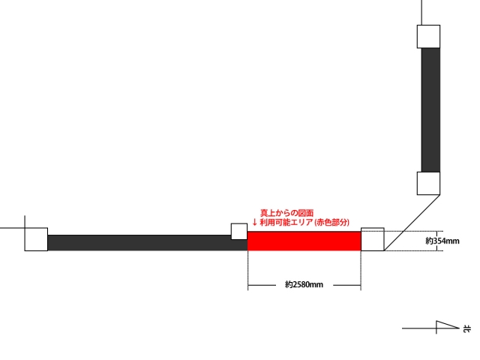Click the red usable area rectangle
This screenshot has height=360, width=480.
(304, 241)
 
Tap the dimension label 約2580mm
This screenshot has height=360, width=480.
(304, 285)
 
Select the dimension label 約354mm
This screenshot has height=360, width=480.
(442, 241)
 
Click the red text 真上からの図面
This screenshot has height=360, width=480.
(286, 213)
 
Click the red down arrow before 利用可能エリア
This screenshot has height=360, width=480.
(254, 222)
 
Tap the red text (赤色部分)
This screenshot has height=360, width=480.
(331, 222)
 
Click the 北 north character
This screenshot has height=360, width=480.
(467, 328)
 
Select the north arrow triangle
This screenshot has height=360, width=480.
(448, 325)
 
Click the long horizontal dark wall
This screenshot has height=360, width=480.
(148, 243)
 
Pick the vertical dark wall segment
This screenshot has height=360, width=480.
(430, 110)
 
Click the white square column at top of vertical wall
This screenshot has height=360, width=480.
(428, 37)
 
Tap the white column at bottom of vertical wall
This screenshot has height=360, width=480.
(428, 183)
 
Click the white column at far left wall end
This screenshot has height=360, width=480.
(36, 239)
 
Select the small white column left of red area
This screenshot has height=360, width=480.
(239, 232)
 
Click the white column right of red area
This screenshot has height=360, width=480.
(373, 239)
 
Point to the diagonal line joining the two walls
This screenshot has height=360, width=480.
(412, 223)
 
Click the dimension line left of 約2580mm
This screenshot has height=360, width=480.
(262, 285)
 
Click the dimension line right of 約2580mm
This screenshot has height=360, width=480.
(346, 285)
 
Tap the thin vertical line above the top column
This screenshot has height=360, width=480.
(422, 13)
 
